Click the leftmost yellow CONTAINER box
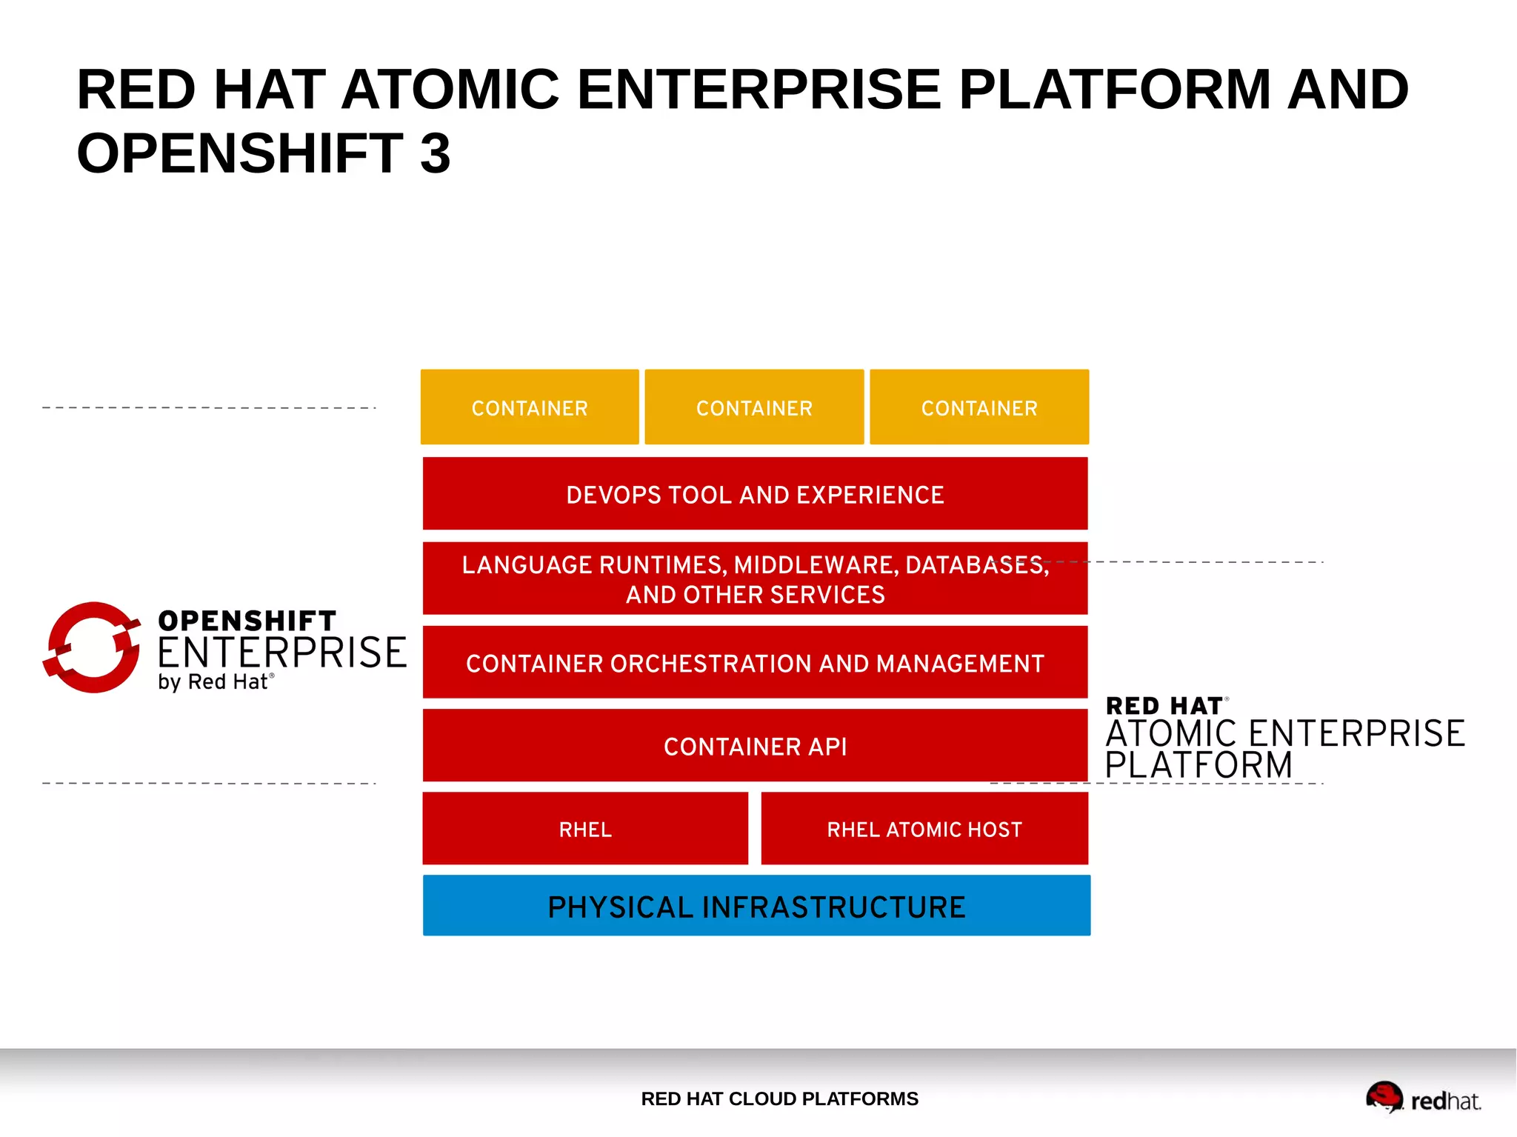(x=530, y=407)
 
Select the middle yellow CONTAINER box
(x=754, y=407)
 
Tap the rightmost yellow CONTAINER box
(x=979, y=407)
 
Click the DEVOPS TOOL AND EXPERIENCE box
(x=755, y=494)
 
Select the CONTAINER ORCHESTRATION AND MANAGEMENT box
(x=755, y=663)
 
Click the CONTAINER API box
(x=755, y=746)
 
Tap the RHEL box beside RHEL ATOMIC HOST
(x=585, y=829)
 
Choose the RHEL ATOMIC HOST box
(x=924, y=829)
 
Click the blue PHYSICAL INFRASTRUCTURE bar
(x=756, y=906)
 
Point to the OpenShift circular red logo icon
(x=92, y=647)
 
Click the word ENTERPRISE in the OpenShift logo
(x=281, y=653)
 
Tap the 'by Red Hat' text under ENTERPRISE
(x=215, y=681)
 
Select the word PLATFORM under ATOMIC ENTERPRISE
(x=1198, y=765)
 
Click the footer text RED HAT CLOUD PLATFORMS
(x=779, y=1098)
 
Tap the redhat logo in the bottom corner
(x=1422, y=1098)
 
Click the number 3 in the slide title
(x=435, y=153)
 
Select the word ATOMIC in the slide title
(x=450, y=90)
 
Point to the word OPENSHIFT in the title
(x=240, y=153)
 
